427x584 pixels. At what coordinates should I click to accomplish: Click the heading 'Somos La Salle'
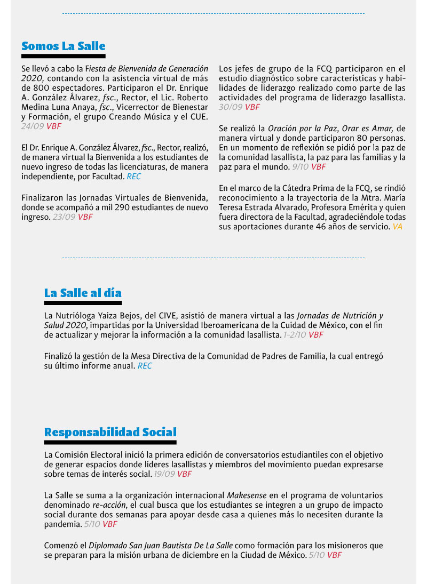point(63,46)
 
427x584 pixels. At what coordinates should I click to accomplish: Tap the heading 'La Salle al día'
point(83,293)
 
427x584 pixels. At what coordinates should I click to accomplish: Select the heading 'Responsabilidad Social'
point(110,431)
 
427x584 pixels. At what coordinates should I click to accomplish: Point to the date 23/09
point(64,217)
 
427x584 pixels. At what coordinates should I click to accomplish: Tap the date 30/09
point(230,107)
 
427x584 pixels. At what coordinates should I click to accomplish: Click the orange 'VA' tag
point(397,227)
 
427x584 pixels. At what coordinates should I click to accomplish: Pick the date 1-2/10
point(295,335)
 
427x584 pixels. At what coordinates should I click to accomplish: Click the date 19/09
point(164,474)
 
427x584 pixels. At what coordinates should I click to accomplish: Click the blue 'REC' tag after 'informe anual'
point(145,366)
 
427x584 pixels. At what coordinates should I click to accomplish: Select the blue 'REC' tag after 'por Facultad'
point(134,177)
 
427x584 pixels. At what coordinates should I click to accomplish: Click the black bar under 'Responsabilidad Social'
point(110,443)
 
